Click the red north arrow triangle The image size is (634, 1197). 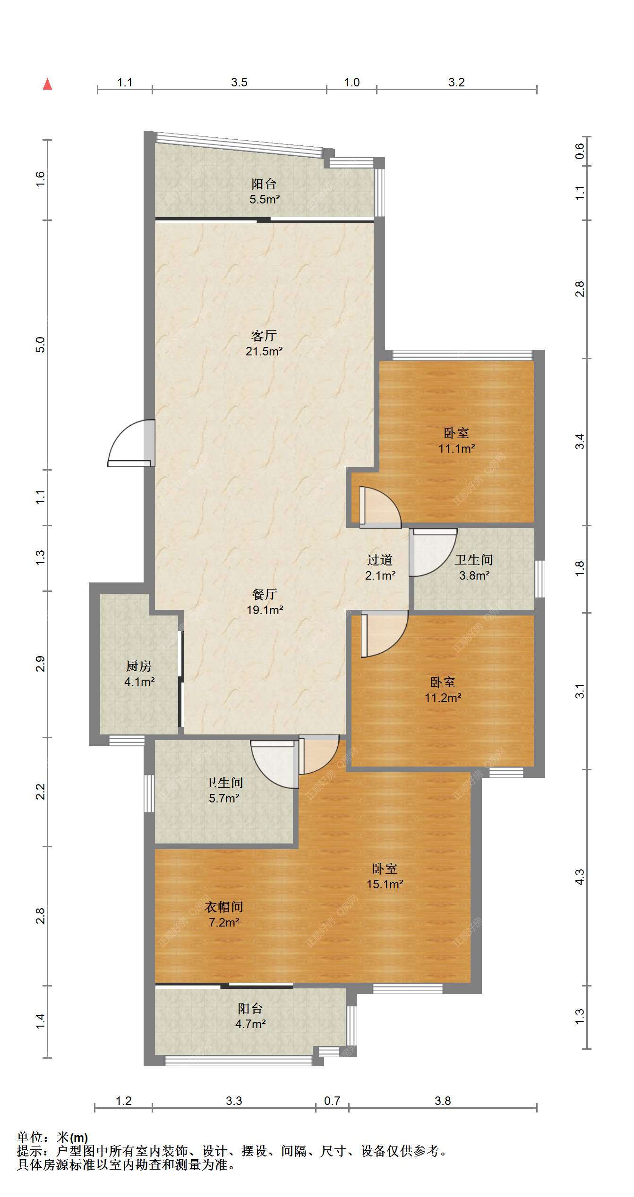pos(47,84)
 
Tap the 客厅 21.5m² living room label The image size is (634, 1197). pos(264,343)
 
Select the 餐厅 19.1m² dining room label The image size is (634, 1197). pos(265,602)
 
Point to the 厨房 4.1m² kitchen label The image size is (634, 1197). pos(139,674)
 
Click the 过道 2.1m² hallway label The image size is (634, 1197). pos(380,567)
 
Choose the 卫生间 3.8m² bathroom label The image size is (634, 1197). pos(474,567)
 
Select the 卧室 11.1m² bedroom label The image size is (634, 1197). pos(456,440)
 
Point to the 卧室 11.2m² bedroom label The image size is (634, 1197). pos(443,690)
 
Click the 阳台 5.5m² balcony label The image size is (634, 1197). pos(264,191)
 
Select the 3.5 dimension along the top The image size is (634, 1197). pos(239,82)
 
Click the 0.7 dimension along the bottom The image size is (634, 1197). pos(332,1101)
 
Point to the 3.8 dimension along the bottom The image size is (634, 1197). pos(443,1101)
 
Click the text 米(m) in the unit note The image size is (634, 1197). pos(72,1138)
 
